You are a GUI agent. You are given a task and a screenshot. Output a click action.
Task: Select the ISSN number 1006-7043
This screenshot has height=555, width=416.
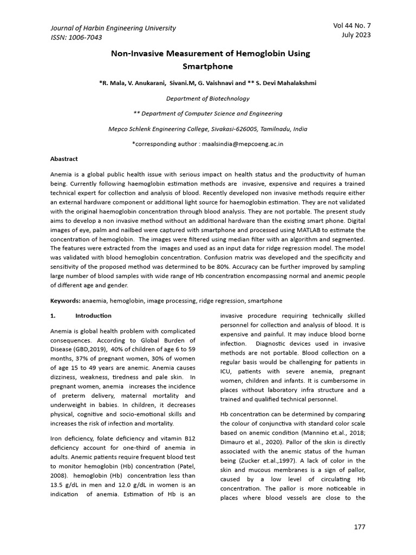(84, 37)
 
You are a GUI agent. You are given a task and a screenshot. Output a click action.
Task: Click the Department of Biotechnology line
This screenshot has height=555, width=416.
(207, 99)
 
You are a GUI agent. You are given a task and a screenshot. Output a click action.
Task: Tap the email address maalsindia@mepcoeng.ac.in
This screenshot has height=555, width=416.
(239, 144)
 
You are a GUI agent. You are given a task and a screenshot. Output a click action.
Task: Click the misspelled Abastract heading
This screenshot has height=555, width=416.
(64, 159)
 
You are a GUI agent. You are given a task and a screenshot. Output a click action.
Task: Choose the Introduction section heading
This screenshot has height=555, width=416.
(93, 315)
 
